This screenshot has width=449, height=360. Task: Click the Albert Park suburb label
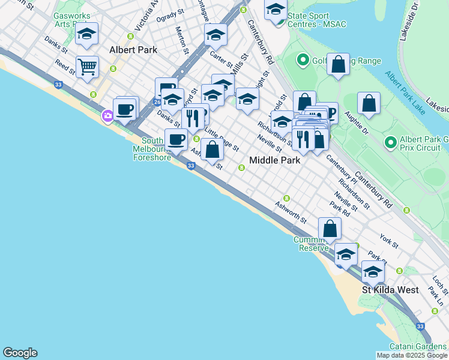[x=133, y=50]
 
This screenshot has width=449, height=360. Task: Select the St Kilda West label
[x=390, y=290]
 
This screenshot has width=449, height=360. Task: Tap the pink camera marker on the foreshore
[x=107, y=116]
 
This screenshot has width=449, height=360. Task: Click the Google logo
[x=20, y=353]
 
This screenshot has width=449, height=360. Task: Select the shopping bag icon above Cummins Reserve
[x=330, y=229]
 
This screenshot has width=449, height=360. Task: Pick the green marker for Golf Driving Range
[x=303, y=60]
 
